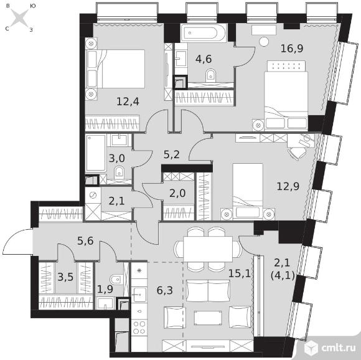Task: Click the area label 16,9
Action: (x=292, y=49)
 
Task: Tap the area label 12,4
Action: (x=128, y=102)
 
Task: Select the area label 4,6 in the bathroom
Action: (x=204, y=59)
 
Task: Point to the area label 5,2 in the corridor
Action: (x=172, y=154)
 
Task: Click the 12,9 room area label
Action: (x=288, y=186)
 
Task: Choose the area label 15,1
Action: (x=240, y=273)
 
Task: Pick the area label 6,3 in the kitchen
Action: (x=164, y=290)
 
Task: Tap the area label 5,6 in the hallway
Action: (x=85, y=241)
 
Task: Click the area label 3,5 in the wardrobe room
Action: (x=65, y=277)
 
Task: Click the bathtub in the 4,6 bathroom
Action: (x=204, y=33)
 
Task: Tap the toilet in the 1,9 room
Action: (x=116, y=280)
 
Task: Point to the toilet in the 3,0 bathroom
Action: (x=119, y=173)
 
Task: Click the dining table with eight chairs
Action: (x=208, y=249)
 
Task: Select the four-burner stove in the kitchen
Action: (x=139, y=328)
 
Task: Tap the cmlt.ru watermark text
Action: (x=339, y=348)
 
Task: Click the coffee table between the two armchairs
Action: (x=208, y=318)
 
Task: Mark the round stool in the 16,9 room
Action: (x=264, y=42)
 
